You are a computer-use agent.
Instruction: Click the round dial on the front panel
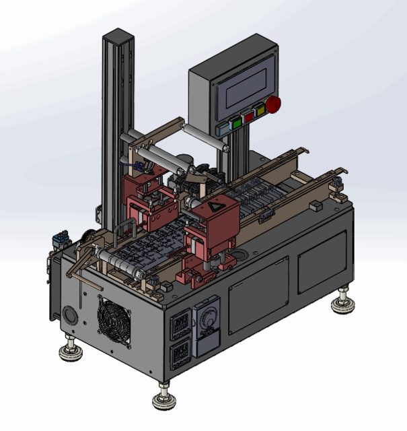pos(207,317)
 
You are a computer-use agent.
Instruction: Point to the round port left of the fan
pos(69,314)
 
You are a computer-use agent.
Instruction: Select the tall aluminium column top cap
pos(118,35)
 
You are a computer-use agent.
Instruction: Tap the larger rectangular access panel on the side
pos(258,295)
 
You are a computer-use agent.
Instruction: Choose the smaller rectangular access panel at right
pos(322,261)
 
